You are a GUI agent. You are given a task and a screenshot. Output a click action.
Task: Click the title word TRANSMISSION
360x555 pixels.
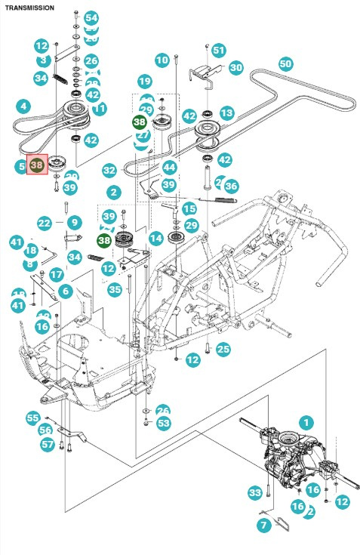pos(29,7)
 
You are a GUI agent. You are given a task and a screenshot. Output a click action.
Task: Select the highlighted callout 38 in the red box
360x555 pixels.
pos(37,164)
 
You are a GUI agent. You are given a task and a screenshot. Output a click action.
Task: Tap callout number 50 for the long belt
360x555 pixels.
pos(285,64)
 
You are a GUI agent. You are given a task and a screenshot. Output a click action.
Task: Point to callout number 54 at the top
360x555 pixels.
pos(91,17)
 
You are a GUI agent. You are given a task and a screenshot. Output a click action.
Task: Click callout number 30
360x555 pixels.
pos(236,68)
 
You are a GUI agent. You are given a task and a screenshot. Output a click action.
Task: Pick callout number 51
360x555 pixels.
pos(219,50)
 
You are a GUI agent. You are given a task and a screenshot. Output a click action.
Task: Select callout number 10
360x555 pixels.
pos(162,60)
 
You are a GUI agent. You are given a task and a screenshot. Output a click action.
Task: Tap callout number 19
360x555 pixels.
pos(144,82)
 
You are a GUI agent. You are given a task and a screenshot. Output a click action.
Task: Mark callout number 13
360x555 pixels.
pos(226,113)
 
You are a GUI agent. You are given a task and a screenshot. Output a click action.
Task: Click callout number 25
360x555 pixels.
pos(223,349)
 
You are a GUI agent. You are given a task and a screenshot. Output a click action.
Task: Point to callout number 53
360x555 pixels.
pos(164,423)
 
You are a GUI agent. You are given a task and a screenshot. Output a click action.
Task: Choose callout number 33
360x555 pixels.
pos(254,493)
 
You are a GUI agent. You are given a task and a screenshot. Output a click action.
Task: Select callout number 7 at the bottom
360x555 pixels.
pos(264,525)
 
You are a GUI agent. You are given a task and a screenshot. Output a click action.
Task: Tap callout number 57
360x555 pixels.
pos(48,445)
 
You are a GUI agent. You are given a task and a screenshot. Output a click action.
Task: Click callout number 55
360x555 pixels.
pos(32,418)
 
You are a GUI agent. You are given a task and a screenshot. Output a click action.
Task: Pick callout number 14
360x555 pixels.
pos(156,239)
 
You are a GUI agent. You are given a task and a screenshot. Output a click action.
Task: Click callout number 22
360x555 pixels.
pos(45,223)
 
